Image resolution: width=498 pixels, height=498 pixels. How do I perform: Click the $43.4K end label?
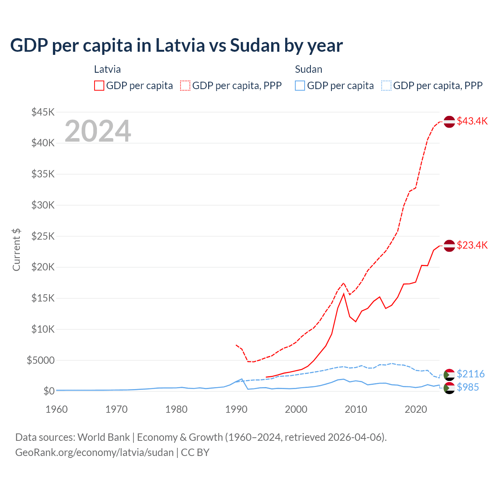point(472,121)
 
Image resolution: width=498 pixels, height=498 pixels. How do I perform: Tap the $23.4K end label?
point(472,245)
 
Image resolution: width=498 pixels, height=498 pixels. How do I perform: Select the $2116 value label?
point(470,374)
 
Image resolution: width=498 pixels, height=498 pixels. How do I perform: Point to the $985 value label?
point(468,387)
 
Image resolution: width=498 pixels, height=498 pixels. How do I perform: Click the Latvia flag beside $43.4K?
point(449,121)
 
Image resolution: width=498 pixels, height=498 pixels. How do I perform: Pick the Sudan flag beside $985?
point(449,388)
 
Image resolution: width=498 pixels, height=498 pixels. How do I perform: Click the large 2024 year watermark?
point(98,131)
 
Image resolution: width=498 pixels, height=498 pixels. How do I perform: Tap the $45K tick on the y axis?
point(43,112)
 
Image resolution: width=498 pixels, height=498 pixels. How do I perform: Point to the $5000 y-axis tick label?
point(41,360)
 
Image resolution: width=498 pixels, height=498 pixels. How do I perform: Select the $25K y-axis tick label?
point(43,236)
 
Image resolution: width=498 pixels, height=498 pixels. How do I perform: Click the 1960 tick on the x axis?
point(56,409)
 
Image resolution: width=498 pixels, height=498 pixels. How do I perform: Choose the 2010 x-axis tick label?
point(356,409)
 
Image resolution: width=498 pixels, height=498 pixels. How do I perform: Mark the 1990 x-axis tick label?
point(236,409)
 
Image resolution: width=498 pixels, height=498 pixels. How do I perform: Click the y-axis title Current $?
point(16,250)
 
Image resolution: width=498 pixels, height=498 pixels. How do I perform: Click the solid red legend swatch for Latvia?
point(99,86)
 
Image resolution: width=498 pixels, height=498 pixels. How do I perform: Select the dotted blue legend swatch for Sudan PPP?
point(386,86)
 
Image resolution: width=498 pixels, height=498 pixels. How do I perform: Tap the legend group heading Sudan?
point(309,69)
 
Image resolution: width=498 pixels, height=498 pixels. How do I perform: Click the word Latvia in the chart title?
point(180,46)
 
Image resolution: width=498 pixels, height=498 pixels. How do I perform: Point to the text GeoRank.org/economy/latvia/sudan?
point(95,452)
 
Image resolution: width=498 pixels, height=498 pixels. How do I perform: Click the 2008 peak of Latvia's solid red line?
point(344,294)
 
